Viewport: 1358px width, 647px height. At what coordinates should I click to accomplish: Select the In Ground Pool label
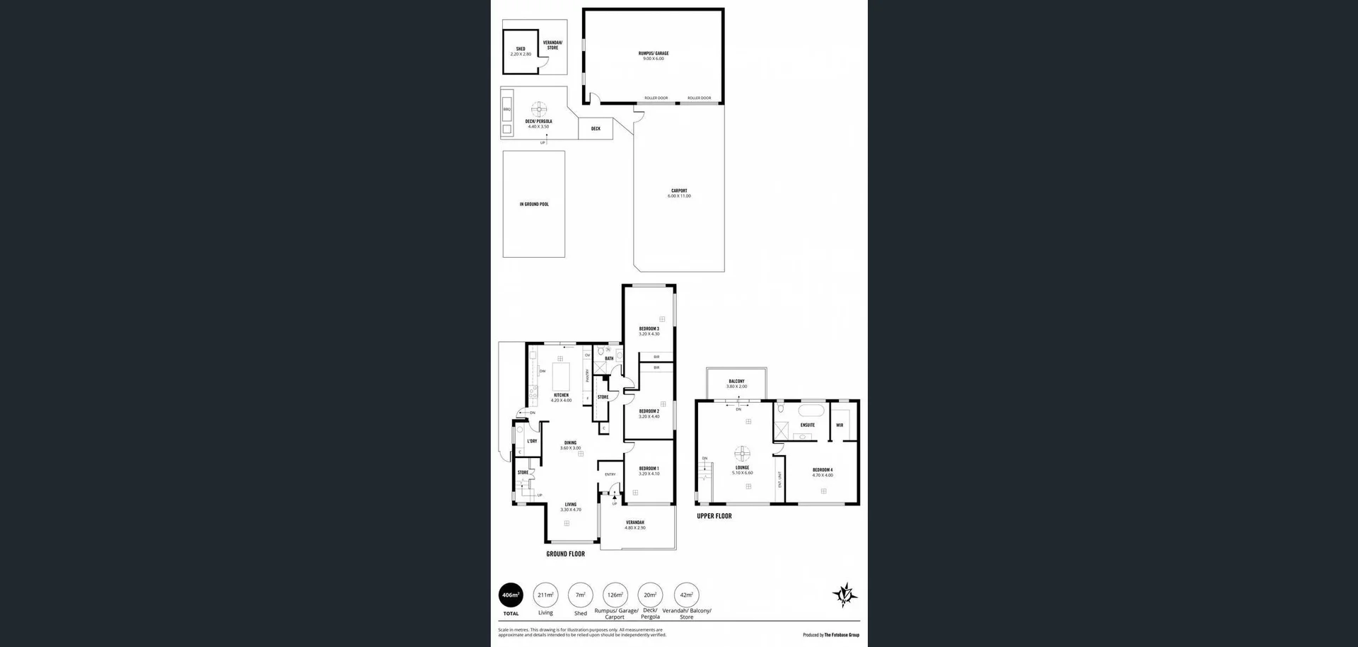534,204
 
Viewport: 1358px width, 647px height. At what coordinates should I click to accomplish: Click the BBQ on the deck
506,110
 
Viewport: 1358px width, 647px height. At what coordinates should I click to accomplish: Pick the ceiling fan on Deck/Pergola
539,108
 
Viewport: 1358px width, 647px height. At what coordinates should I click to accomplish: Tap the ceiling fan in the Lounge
741,453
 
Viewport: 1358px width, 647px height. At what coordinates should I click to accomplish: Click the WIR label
840,425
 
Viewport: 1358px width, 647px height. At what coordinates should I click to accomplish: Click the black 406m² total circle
511,595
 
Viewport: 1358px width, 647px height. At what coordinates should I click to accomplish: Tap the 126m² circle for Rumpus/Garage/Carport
615,595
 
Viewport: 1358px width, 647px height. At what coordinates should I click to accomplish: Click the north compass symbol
845,595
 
